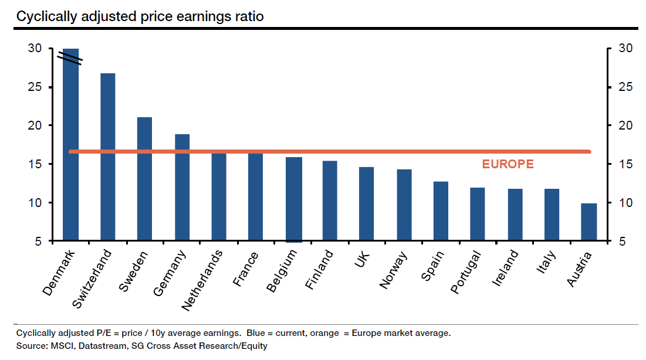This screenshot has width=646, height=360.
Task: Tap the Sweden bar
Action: click(144, 179)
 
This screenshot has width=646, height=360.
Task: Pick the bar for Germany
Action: click(182, 188)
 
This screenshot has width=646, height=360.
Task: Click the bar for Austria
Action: click(588, 222)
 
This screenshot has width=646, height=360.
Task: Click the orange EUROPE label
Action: click(508, 164)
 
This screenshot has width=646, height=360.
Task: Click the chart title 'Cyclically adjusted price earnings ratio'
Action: click(140, 16)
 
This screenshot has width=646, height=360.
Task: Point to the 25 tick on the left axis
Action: click(35, 87)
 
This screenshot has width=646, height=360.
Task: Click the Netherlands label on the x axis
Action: click(202, 280)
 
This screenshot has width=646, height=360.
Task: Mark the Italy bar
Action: click(552, 215)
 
